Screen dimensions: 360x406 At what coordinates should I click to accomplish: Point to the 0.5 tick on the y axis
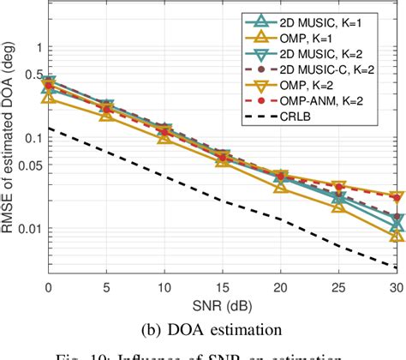(34, 75)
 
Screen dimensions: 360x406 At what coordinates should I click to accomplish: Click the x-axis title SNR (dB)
(223, 303)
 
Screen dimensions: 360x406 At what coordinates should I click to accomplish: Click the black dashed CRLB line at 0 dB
(50, 128)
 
